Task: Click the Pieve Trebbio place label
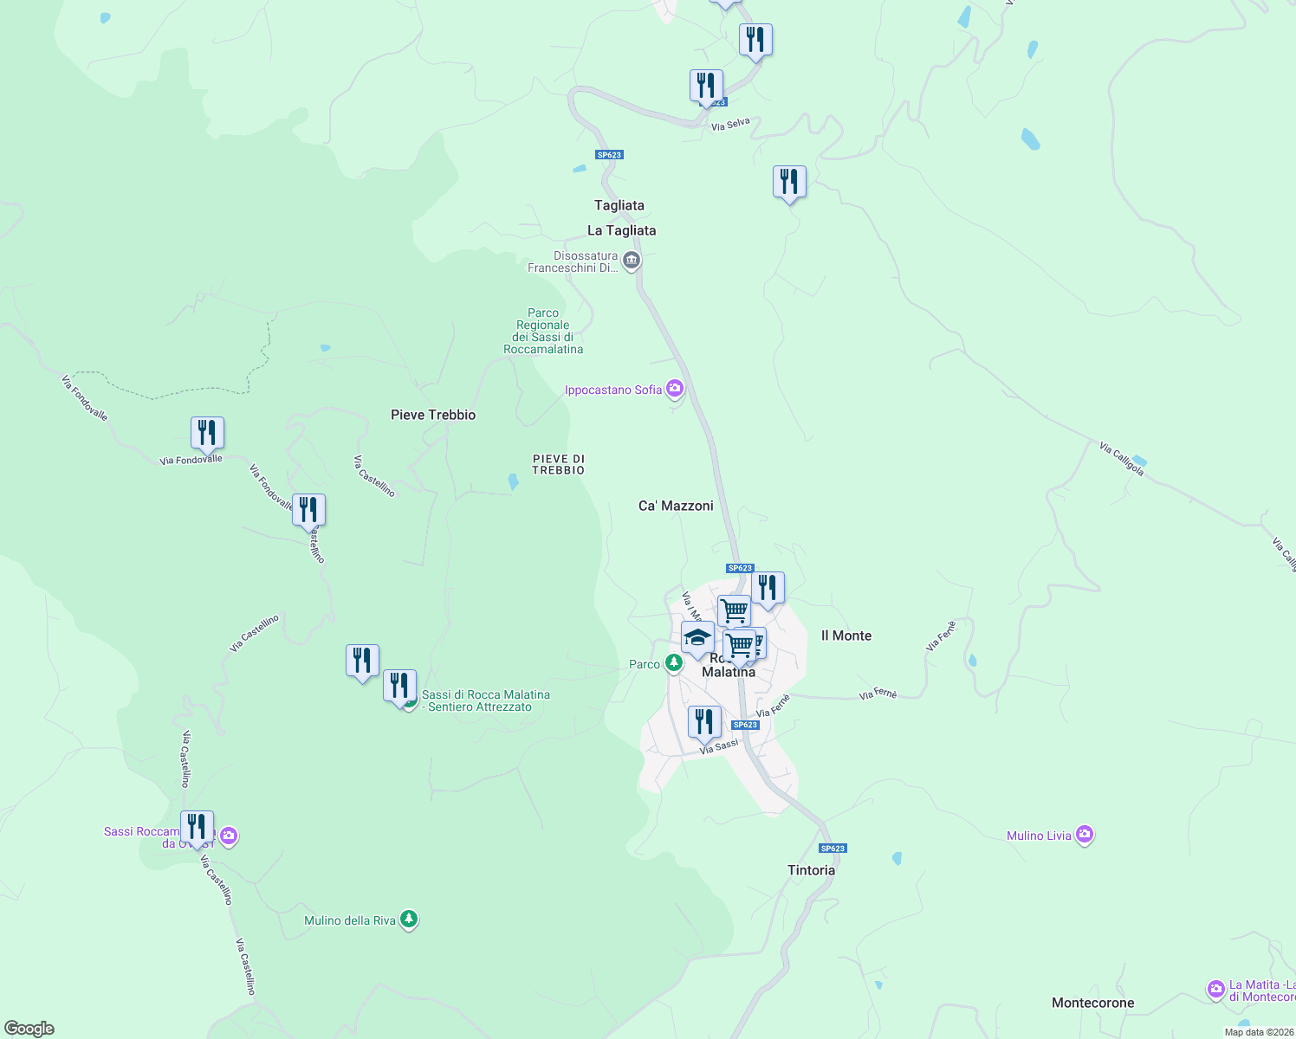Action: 433,415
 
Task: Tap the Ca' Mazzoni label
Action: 676,506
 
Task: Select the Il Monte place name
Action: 846,636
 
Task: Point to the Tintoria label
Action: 811,870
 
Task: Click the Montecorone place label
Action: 1092,1003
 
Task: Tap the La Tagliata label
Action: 621,230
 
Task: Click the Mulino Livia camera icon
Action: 1085,836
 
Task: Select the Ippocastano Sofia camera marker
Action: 675,389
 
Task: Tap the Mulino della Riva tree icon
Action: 409,920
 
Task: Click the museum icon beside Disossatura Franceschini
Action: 632,260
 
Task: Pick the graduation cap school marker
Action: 697,639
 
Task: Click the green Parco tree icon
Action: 674,663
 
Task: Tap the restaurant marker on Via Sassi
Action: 704,721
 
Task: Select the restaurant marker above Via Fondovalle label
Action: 207,432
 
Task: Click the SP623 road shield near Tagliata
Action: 609,155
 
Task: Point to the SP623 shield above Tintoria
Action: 832,849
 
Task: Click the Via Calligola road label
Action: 1122,459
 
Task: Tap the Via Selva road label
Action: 730,125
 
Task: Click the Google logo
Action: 29,1029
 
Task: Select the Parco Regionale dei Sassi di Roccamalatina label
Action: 543,332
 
